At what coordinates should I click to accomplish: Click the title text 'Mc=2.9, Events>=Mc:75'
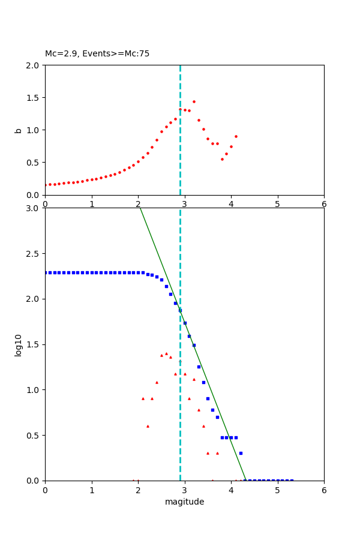click(x=97, y=54)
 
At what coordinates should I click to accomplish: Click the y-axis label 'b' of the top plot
click(x=18, y=130)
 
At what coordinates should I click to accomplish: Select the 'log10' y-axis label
click(x=18, y=345)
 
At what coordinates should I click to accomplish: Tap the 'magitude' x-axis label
click(x=184, y=502)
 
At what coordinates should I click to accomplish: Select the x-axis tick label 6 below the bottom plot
click(x=324, y=491)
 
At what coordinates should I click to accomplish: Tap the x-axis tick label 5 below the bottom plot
click(x=278, y=491)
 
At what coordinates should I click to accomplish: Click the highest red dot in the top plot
click(x=194, y=101)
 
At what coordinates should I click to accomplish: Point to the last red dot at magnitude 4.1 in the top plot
click(x=236, y=136)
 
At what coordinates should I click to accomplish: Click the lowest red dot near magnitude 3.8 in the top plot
click(x=222, y=159)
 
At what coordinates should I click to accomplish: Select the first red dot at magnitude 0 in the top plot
click(x=46, y=185)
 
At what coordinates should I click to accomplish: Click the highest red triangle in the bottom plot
click(x=166, y=353)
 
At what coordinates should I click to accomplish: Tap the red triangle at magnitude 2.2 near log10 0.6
click(x=148, y=426)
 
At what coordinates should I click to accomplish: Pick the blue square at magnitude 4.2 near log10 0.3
click(x=241, y=453)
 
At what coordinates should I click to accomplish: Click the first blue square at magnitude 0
click(x=46, y=272)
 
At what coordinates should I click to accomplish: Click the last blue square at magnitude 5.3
click(x=292, y=480)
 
